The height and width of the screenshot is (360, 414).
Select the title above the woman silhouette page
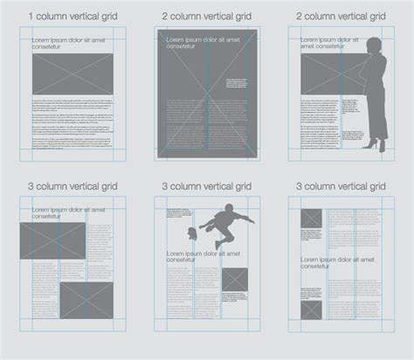click(x=342, y=15)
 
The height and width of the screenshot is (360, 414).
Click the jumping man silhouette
click(x=224, y=222)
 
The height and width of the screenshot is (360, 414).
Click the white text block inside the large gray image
click(x=236, y=87)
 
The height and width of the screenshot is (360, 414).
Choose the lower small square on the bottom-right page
click(x=310, y=309)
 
